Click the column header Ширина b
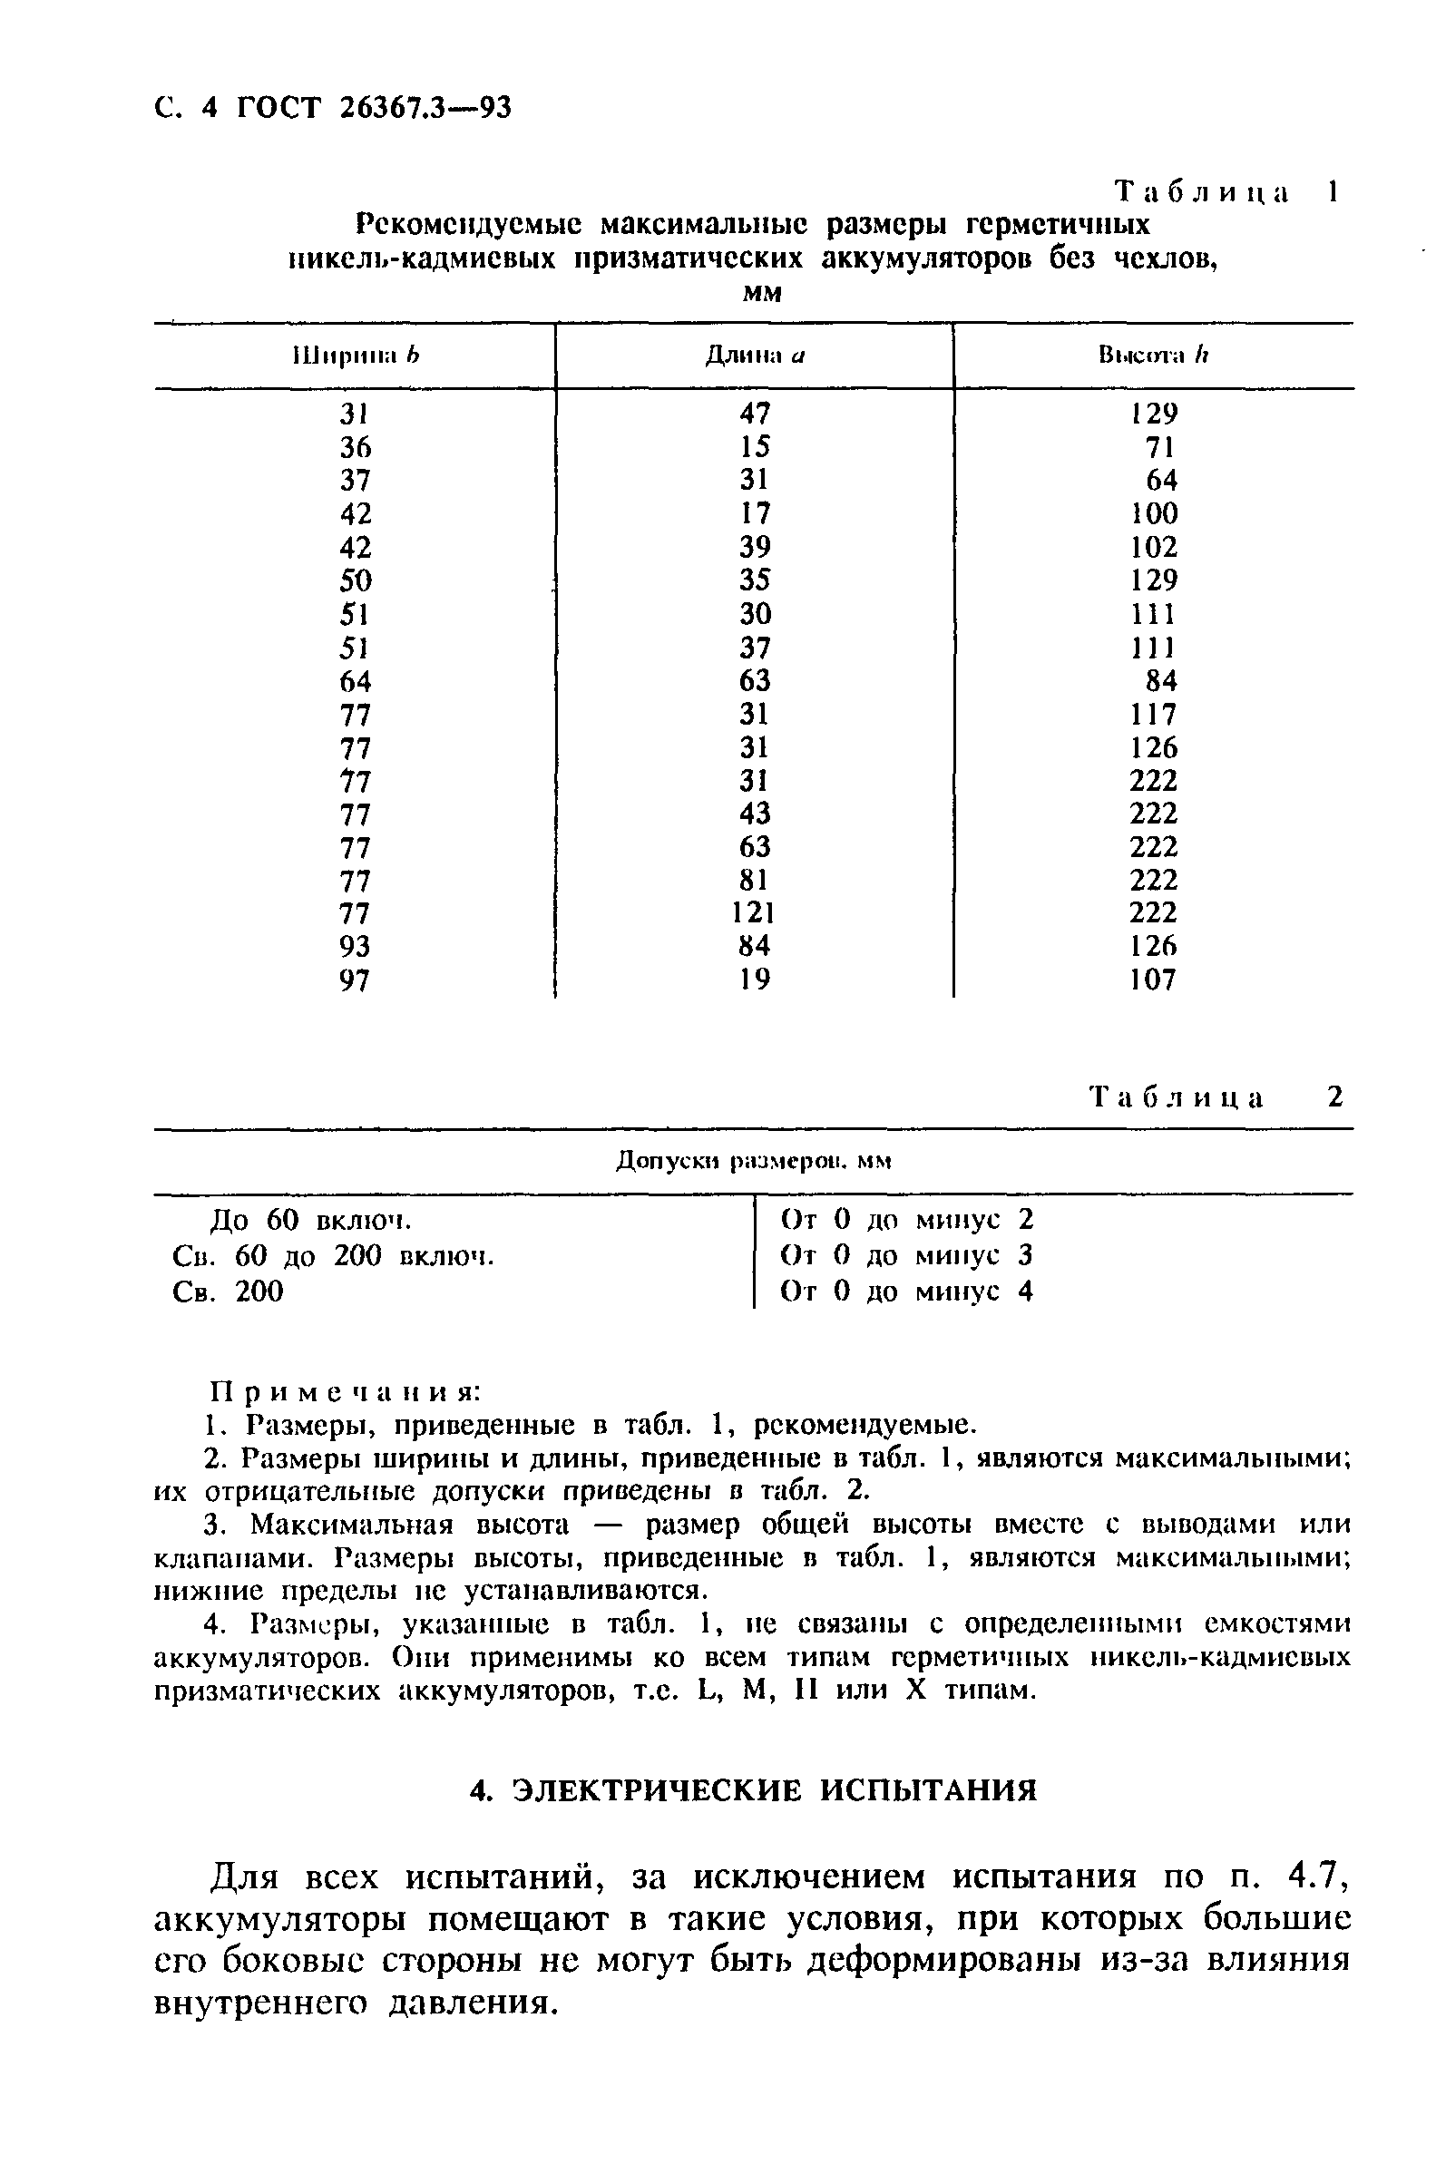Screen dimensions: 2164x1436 355,356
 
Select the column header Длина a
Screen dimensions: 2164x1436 754,356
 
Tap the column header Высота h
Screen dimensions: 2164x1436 1153,356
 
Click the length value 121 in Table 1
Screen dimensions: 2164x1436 754,912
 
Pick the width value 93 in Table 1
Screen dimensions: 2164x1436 355,947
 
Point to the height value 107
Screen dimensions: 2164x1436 1153,980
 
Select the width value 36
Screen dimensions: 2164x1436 355,448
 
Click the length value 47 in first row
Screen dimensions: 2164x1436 755,414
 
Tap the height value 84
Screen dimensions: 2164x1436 1161,681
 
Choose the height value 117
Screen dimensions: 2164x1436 1153,714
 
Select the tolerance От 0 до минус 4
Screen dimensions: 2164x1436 905,1292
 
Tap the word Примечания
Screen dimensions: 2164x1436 346,1391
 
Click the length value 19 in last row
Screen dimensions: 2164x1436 754,980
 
